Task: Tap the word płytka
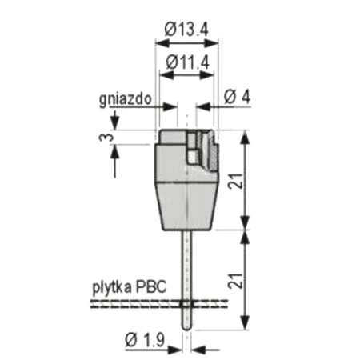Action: [x=110, y=286]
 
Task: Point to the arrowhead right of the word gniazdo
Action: [x=170, y=106]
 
